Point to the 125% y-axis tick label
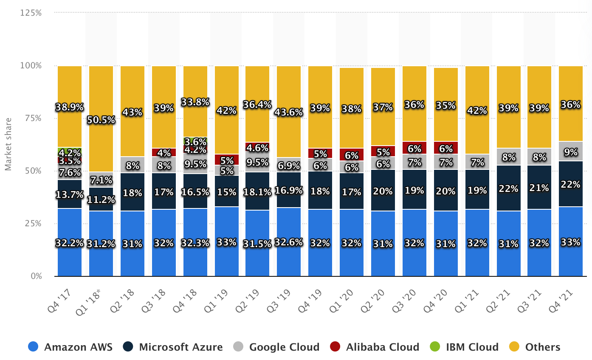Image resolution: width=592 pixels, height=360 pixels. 31,13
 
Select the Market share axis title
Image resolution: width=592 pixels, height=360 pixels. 8,144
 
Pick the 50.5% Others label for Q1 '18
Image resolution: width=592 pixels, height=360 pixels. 101,120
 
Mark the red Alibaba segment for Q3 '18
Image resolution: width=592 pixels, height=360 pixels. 164,152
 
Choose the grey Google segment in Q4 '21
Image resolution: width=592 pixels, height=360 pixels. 571,151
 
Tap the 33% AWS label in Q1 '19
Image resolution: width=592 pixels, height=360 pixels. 227,242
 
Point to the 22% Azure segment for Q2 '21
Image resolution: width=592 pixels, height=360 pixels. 509,188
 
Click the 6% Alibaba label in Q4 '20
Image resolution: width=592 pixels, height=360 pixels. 446,149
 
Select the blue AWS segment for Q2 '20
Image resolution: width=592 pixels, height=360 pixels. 383,243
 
